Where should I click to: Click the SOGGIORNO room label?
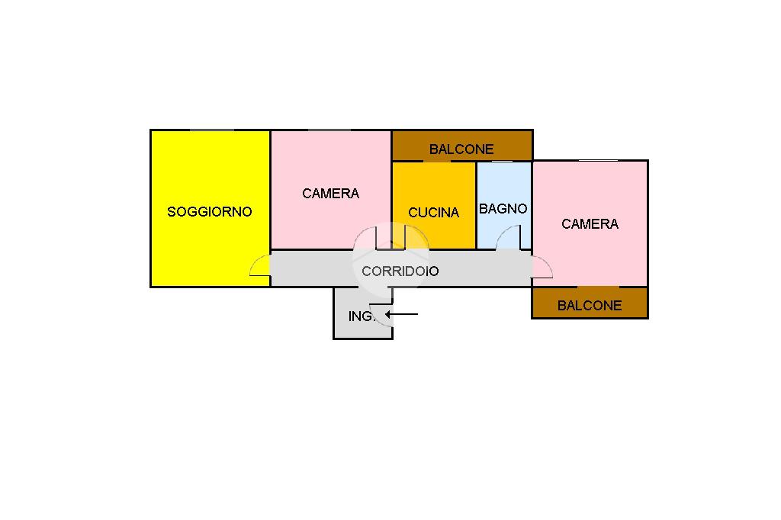(x=209, y=212)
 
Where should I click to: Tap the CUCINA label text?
(x=433, y=213)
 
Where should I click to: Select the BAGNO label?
(x=503, y=208)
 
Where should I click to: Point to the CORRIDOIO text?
(x=400, y=271)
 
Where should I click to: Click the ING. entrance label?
(x=362, y=316)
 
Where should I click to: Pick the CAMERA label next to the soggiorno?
(x=330, y=194)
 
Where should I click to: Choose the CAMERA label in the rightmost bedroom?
(x=590, y=224)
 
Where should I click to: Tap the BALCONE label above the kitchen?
(x=461, y=149)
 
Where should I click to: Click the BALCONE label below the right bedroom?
(x=590, y=306)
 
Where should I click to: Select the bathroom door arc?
(x=507, y=239)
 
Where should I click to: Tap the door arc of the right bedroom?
(x=542, y=267)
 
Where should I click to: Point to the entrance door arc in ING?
(x=381, y=319)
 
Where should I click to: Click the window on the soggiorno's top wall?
(x=211, y=130)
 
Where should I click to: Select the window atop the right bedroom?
(x=597, y=160)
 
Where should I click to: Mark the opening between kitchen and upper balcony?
(x=436, y=161)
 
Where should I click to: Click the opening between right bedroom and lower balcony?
(x=597, y=287)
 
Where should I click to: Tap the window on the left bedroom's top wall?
(x=329, y=130)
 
